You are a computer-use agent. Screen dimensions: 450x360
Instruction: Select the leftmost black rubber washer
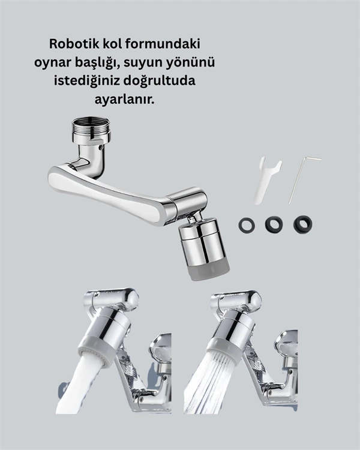(246, 225)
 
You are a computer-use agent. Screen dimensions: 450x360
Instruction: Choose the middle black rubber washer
(274, 224)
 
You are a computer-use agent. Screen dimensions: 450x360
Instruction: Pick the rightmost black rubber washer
(302, 224)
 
